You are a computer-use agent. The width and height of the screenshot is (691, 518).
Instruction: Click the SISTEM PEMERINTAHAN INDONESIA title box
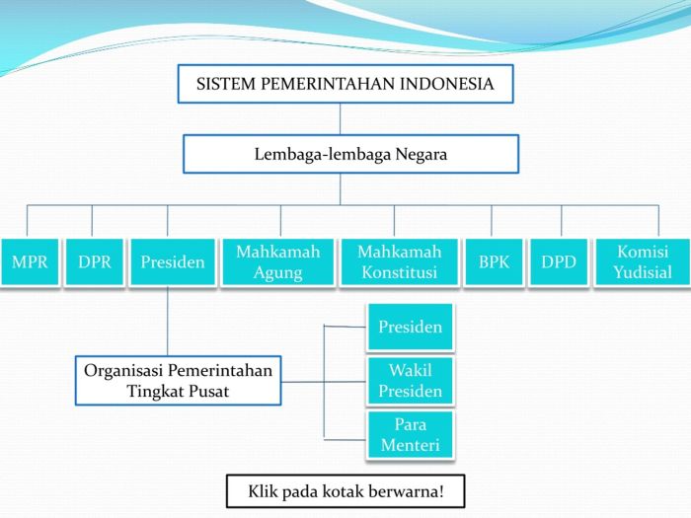345,84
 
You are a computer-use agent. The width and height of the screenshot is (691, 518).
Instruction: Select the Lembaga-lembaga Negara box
350,154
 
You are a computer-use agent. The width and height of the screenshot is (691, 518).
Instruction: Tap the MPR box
30,262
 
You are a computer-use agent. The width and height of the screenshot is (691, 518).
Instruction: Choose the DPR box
95,262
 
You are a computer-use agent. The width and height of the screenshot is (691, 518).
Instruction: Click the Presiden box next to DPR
173,262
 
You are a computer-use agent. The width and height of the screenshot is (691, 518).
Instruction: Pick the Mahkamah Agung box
278,262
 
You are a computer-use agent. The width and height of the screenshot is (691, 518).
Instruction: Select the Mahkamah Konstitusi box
399,262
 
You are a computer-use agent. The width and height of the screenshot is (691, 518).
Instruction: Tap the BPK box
494,262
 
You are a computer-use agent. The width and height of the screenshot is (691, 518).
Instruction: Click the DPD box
559,262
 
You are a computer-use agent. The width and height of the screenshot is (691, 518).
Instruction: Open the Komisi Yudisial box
642,262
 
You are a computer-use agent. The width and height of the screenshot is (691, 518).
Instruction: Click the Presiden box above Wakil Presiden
410,327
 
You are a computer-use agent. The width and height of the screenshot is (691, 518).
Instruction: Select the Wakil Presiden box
410,381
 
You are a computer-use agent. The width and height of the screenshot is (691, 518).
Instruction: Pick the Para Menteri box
410,434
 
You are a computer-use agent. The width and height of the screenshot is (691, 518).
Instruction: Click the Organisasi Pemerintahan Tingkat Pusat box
179,380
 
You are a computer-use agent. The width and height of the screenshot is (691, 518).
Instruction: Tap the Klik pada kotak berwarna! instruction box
345,489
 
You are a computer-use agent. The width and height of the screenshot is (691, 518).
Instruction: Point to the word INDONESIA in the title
446,84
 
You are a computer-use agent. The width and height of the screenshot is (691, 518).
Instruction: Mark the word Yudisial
643,272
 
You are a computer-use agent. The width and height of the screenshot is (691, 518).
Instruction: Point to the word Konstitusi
399,273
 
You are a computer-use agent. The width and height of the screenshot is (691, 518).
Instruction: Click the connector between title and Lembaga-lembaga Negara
341,118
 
